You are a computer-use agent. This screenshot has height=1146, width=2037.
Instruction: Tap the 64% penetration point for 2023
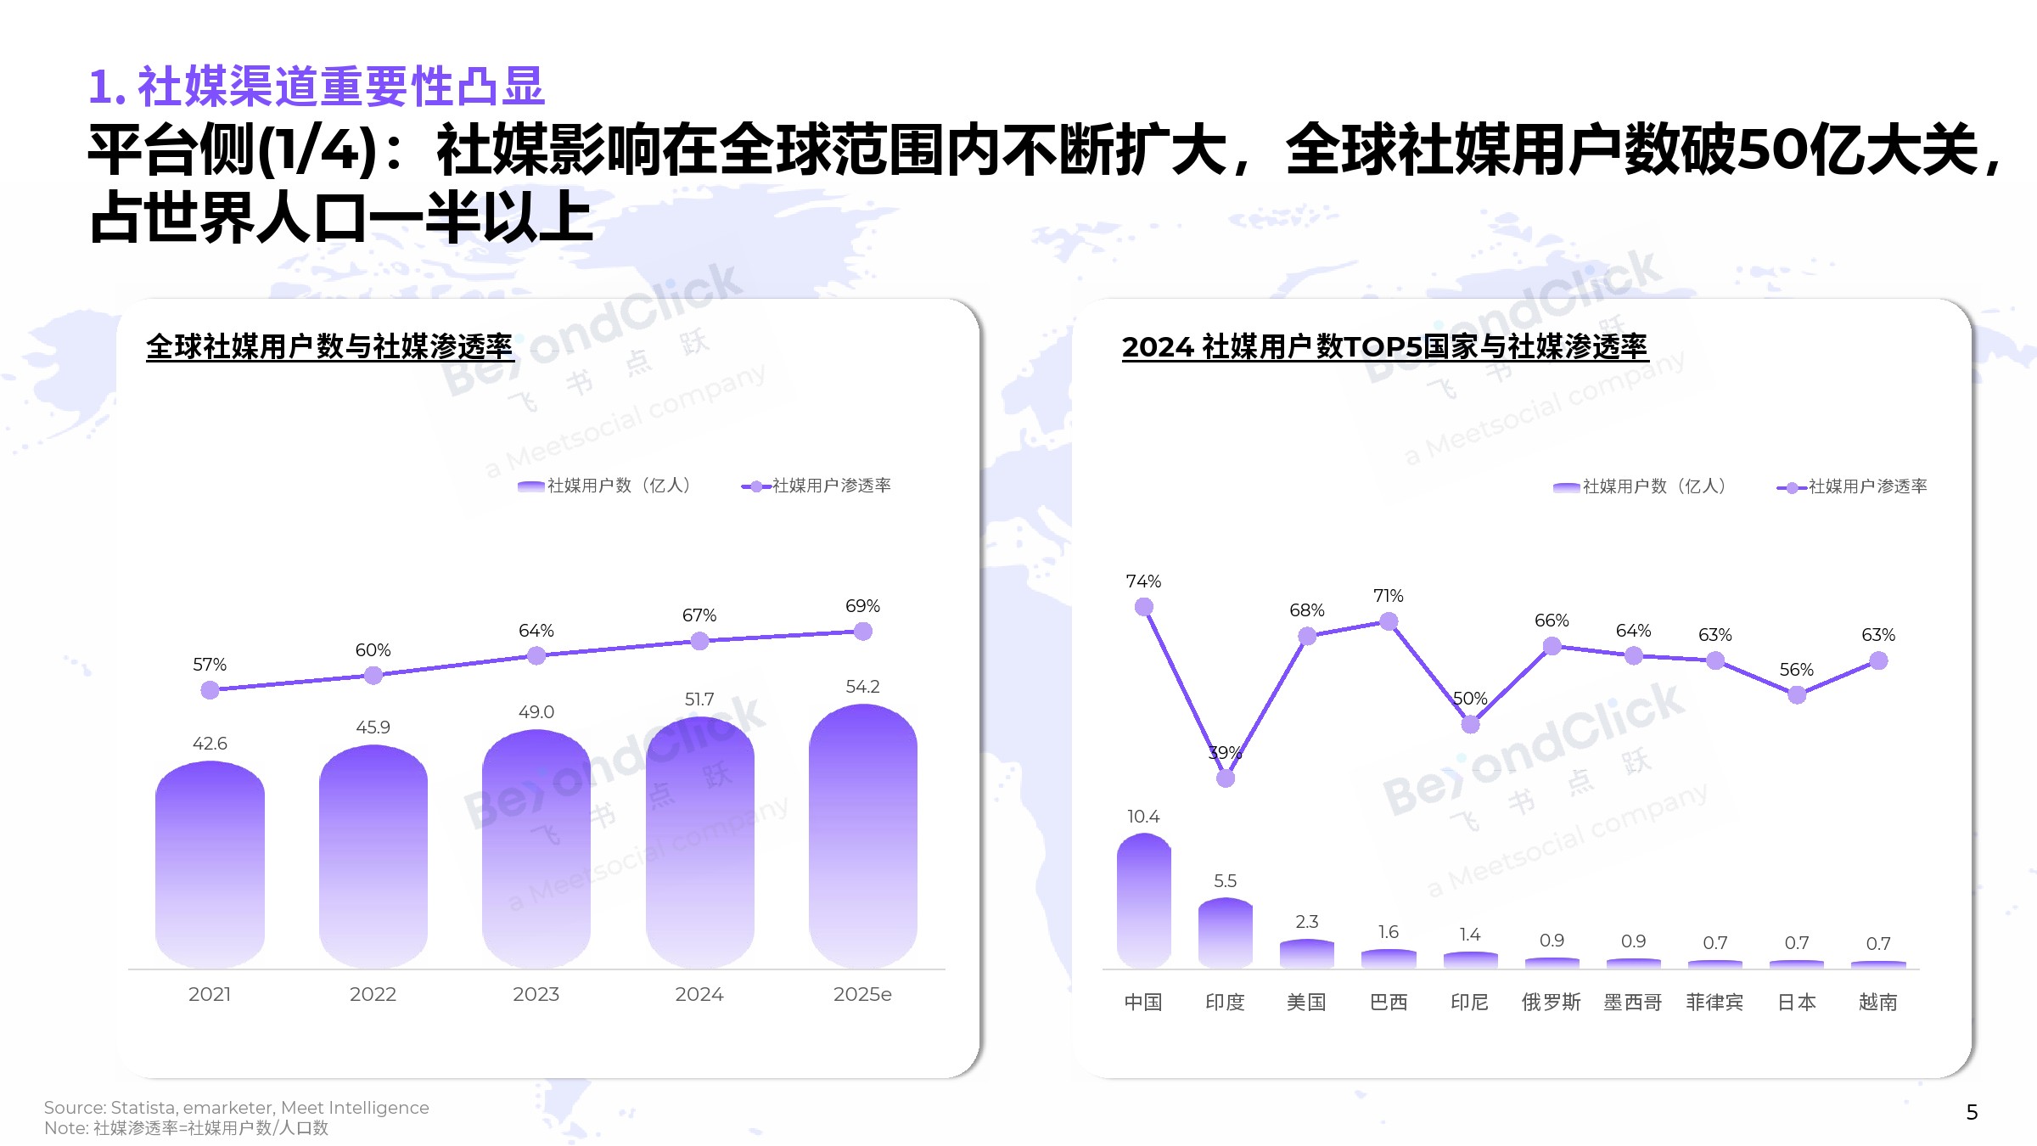[536, 655]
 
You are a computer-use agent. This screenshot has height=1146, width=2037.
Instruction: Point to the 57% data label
[210, 665]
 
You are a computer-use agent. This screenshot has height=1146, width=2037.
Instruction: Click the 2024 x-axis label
[699, 994]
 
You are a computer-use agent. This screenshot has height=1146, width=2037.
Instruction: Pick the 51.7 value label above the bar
[699, 699]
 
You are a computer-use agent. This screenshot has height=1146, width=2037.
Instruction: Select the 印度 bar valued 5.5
[1225, 934]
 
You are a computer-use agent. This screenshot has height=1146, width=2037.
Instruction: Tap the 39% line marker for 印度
[1226, 778]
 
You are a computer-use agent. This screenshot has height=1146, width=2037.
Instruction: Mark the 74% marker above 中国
[1144, 607]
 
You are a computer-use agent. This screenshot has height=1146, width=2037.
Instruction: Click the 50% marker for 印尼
[1470, 724]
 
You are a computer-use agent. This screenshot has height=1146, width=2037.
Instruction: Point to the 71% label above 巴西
[1389, 596]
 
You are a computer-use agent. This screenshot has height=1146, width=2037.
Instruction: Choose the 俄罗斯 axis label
[1551, 1003]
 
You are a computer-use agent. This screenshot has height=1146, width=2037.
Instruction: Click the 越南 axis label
[1877, 1003]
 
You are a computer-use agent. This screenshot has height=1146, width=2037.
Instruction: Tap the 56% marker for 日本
[1797, 695]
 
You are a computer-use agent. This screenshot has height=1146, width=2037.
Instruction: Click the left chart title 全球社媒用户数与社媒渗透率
[329, 347]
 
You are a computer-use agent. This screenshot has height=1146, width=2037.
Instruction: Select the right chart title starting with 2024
[1384, 347]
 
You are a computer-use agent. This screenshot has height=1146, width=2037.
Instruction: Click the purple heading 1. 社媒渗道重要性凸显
[317, 87]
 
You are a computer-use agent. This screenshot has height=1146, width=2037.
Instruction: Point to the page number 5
[1972, 1112]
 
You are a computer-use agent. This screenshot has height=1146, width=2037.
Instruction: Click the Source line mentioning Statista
[237, 1108]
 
